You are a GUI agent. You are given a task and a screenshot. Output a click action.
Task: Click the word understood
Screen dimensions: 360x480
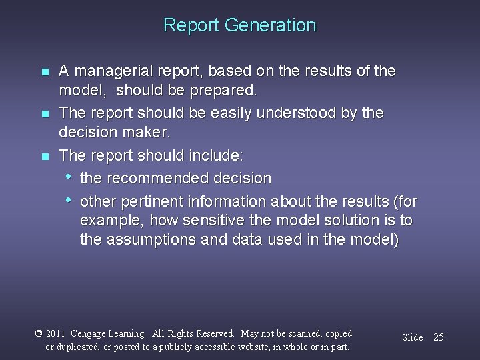pos(301,113)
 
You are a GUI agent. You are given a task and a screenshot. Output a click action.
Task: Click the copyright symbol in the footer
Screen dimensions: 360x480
pos(38,333)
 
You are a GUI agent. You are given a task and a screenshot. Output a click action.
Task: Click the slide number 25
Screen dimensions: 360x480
pos(438,337)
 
